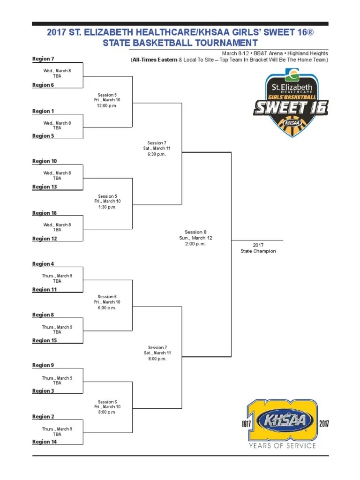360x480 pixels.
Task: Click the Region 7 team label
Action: (43, 59)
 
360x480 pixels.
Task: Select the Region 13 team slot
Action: (45, 187)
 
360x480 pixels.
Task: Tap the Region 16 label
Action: (45, 213)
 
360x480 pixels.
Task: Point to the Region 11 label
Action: (45, 290)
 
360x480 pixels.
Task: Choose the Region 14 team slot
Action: (45, 442)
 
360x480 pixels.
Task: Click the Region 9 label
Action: (43, 365)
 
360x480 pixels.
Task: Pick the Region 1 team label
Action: (43, 111)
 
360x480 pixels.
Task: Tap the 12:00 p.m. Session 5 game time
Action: (107, 105)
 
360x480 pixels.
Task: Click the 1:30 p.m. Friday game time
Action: (107, 207)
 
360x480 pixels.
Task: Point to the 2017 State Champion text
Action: (258, 248)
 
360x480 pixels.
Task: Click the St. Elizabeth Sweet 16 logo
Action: (291, 104)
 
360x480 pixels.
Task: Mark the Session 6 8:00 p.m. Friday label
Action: (107, 407)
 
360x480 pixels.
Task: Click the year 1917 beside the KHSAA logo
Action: (247, 424)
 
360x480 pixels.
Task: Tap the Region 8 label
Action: (43, 315)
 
